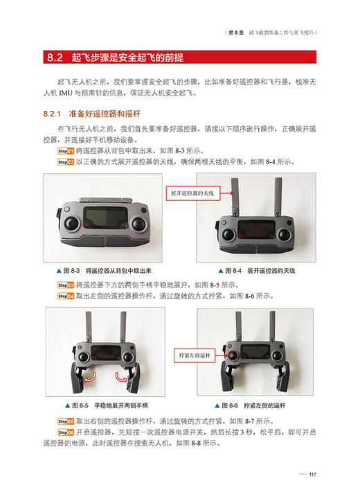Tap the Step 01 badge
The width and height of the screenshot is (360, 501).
click(x=65, y=150)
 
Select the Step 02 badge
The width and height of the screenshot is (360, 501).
click(x=65, y=161)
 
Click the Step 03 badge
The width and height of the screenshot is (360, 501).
click(x=65, y=284)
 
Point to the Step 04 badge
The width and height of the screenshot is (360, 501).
click(x=65, y=295)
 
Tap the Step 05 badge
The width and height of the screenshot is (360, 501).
click(x=65, y=420)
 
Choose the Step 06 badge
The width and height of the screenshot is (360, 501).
click(x=65, y=431)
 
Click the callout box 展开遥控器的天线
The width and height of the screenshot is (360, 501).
click(x=191, y=195)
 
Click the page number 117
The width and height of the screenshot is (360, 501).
click(x=312, y=474)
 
